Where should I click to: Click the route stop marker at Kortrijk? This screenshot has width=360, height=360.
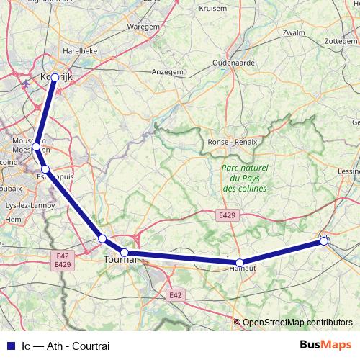click(x=55, y=77)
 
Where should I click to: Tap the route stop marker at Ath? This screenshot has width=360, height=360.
click(x=325, y=241)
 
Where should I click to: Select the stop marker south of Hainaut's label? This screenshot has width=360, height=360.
click(x=240, y=263)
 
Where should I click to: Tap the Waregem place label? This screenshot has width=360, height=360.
click(x=143, y=27)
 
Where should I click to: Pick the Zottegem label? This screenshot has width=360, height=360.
click(x=341, y=41)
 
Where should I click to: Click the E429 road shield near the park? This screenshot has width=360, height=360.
click(x=225, y=214)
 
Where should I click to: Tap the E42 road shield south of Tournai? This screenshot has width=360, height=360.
click(x=175, y=294)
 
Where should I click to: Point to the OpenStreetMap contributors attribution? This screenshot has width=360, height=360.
click(x=297, y=323)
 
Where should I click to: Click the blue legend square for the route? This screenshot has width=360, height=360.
click(x=10, y=346)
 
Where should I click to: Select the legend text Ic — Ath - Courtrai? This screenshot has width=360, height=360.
click(x=66, y=346)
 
